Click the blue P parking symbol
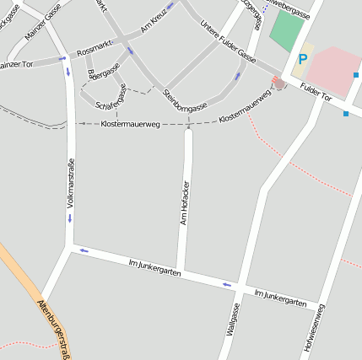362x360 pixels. (302, 60)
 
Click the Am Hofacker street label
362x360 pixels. (183, 202)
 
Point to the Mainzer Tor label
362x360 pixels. (15, 64)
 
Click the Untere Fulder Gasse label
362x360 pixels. (228, 42)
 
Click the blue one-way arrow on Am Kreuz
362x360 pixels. (170, 6)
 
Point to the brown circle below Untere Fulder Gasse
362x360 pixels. (278, 83)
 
